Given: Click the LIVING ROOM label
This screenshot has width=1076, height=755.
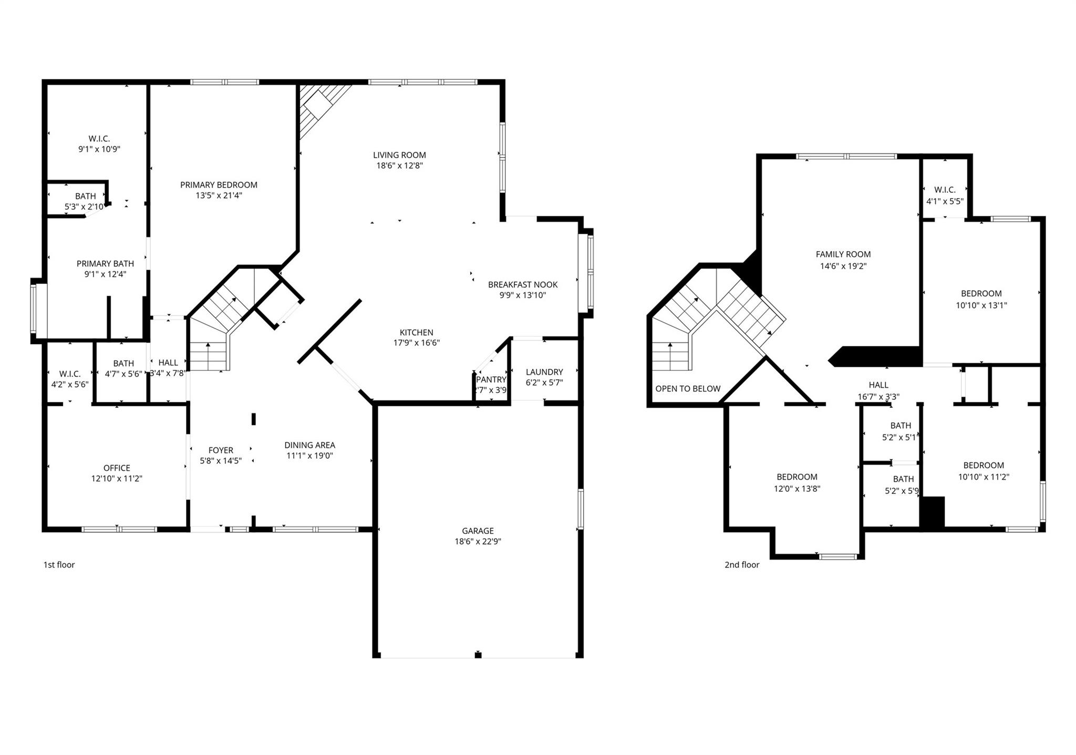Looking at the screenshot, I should click(x=399, y=155).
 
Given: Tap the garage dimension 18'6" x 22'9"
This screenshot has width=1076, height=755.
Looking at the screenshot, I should click(x=478, y=542).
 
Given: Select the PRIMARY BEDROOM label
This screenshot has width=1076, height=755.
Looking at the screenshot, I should click(x=219, y=185).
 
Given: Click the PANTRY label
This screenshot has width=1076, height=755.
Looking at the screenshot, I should click(x=491, y=379).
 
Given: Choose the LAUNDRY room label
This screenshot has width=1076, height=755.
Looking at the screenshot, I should click(x=544, y=372).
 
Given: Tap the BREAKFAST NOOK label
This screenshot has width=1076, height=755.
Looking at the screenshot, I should click(x=523, y=285).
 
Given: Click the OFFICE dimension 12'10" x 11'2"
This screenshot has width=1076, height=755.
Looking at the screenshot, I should click(x=117, y=479).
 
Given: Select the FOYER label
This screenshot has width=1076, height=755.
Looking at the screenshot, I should click(x=221, y=450).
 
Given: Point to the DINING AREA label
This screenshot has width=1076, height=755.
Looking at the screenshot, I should click(x=309, y=445).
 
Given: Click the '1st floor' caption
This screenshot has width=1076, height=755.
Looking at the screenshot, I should click(x=59, y=565).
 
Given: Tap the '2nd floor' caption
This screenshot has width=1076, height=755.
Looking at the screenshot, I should click(x=742, y=565).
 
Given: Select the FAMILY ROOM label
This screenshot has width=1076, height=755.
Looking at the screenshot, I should click(x=843, y=254).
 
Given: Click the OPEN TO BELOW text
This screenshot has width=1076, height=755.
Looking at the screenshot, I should click(x=688, y=389).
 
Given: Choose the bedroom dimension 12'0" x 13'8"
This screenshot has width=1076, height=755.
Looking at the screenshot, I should click(x=796, y=489).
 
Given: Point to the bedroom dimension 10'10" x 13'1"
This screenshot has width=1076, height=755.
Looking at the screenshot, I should click(x=981, y=305).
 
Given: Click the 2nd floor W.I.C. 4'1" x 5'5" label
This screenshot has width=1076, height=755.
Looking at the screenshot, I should click(x=945, y=195).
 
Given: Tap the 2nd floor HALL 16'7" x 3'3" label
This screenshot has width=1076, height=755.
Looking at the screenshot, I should click(x=878, y=391).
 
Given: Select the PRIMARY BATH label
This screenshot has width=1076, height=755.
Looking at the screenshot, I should click(x=105, y=264).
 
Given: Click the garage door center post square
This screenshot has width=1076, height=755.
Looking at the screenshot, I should click(x=478, y=655).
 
